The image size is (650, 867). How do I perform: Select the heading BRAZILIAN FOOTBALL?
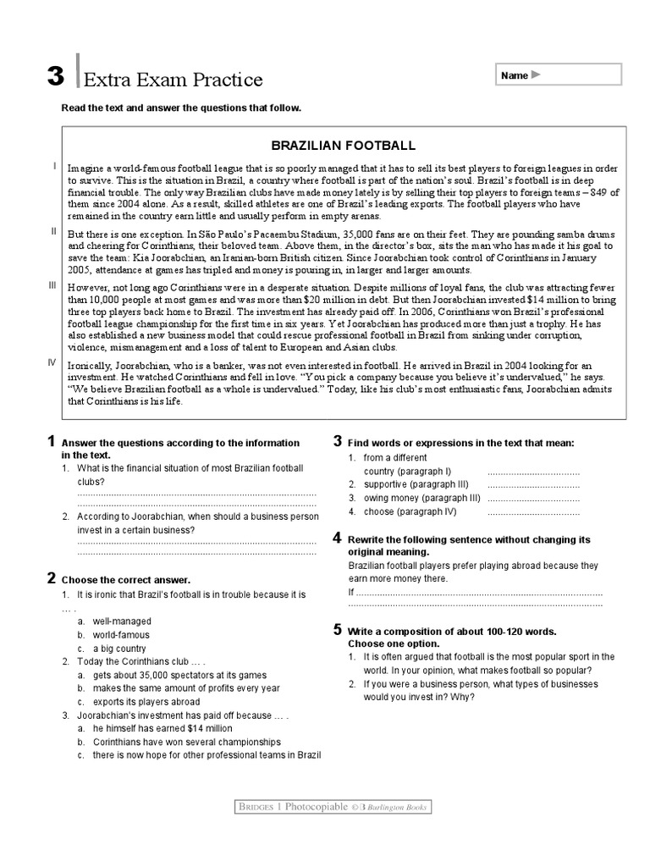pos(343,146)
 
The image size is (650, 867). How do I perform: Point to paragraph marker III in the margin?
pos(52,286)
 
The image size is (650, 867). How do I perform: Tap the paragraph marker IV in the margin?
pos(52,362)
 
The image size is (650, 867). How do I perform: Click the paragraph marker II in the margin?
pos(53,230)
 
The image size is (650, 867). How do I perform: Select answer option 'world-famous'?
pos(121,635)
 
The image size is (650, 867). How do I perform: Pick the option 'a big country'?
pos(119,649)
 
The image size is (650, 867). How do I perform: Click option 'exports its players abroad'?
pos(146,702)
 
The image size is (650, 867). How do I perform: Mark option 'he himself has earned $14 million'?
pos(162,728)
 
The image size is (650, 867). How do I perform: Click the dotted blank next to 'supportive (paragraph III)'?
pos(533,485)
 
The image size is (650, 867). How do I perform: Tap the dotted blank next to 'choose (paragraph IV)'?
pos(533,512)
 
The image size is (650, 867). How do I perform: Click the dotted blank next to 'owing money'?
pos(533,499)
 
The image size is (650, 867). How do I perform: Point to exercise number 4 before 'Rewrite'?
pos(337,538)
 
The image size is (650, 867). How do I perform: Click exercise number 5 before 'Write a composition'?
pos(337,629)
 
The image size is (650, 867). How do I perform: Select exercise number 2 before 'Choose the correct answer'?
pos(52,578)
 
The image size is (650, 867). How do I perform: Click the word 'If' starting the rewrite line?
pos(351,592)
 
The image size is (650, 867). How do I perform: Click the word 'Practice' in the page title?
pos(226,80)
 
